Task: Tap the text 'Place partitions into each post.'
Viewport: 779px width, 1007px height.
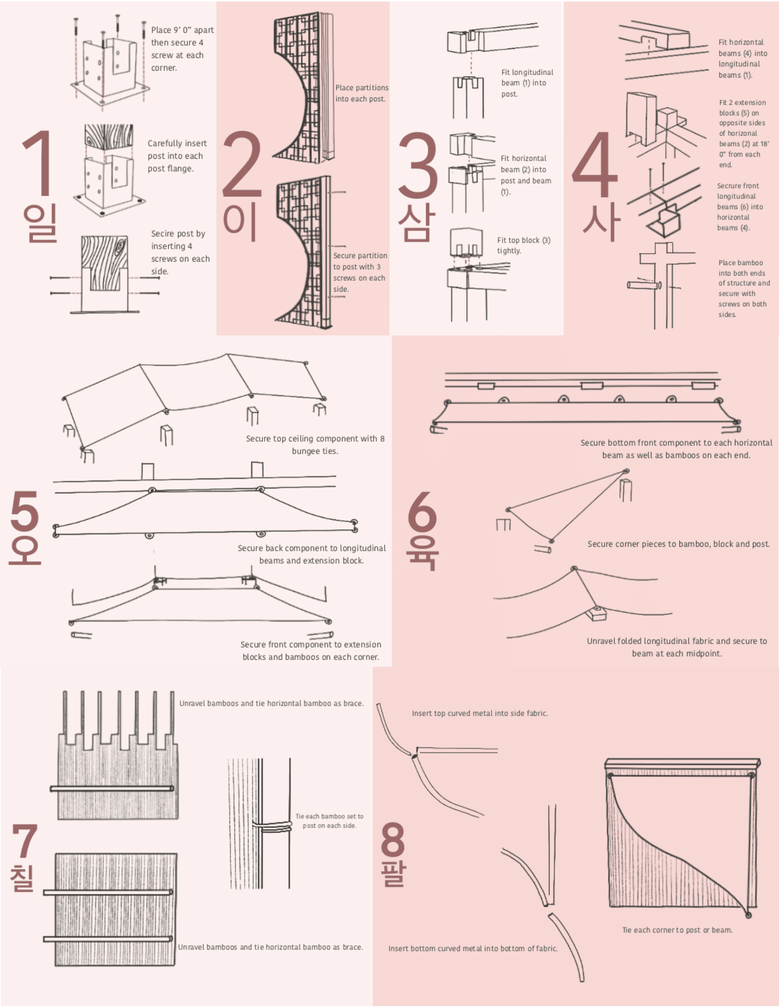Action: [361, 93]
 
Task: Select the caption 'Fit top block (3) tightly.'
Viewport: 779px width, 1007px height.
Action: [523, 245]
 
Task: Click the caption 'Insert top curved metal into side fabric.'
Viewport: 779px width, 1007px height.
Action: [480, 713]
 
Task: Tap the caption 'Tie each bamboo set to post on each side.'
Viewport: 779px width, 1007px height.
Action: [329, 821]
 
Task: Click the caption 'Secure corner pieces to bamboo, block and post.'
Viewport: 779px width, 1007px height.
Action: [679, 544]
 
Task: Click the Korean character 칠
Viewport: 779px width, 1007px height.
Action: [22, 878]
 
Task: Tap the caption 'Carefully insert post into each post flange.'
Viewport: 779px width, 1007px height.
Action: [177, 156]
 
